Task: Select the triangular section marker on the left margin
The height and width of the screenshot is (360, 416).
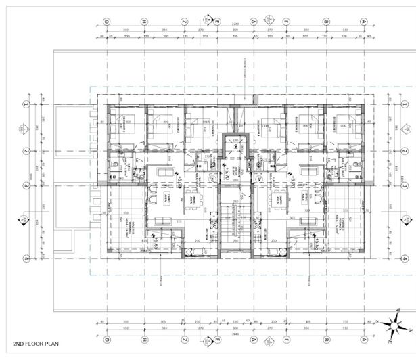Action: point(24,220)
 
